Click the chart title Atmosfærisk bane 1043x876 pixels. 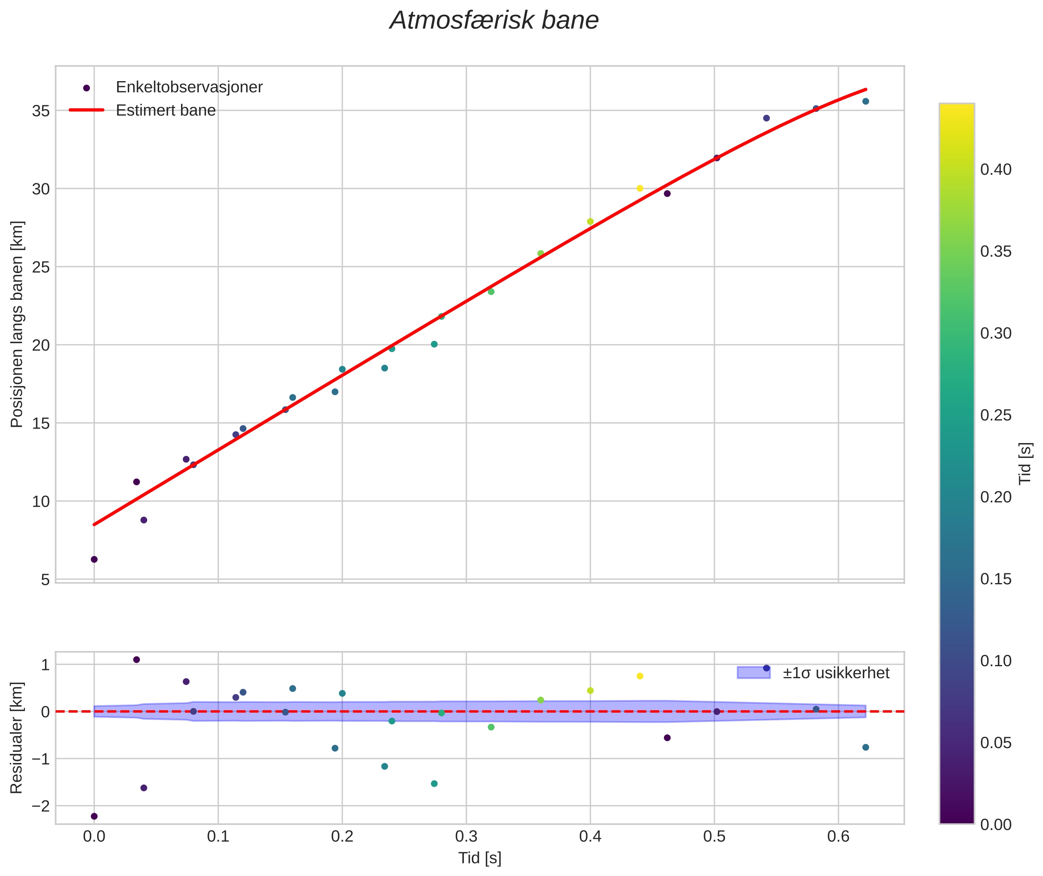coord(494,21)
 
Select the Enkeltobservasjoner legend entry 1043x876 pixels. coord(189,87)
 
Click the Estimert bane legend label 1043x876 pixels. coord(165,110)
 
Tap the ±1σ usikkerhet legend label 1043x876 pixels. coord(836,674)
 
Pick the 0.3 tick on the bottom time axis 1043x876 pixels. coord(466,837)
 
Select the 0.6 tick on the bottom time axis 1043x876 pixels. coord(838,837)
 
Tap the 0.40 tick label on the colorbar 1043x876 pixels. coord(995,170)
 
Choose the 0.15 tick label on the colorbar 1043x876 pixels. coord(995,579)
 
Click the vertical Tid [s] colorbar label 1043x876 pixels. coord(1025,463)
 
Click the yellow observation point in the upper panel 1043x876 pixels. coord(640,188)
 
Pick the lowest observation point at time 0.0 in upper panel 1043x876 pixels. coord(94,559)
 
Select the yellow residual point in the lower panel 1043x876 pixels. coord(640,676)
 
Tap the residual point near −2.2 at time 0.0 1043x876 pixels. coord(94,816)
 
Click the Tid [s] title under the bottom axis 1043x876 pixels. coord(480,858)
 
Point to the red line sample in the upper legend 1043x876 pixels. coord(87,110)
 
